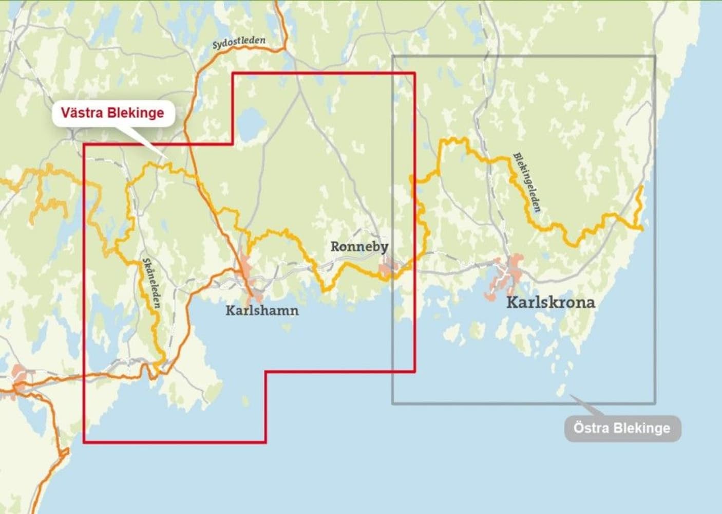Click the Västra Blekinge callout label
click(112, 113)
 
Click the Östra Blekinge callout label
click(622, 428)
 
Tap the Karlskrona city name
click(550, 302)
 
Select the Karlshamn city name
click(262, 310)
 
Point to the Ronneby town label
click(359, 247)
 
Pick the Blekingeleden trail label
click(527, 182)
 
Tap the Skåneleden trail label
click(151, 283)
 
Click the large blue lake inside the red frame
click(251, 123)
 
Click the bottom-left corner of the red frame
click(84, 442)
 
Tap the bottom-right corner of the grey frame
click(655, 402)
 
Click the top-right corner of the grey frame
click(655, 56)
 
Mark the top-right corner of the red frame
click(414, 74)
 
